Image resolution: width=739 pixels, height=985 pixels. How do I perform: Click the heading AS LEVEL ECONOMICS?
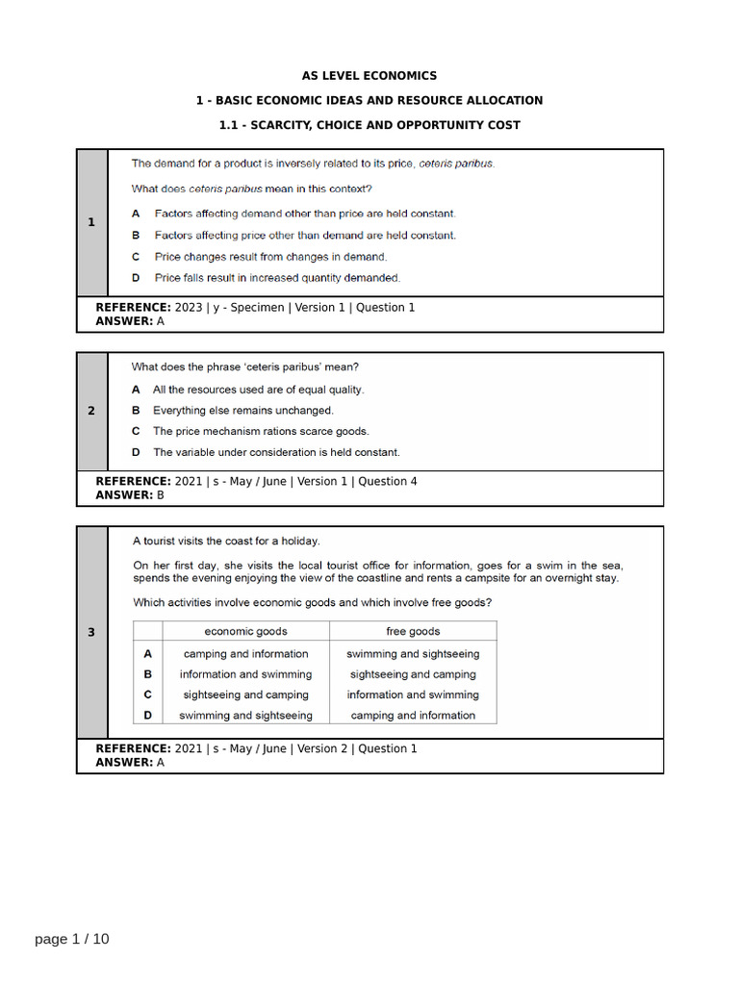pyautogui.click(x=369, y=75)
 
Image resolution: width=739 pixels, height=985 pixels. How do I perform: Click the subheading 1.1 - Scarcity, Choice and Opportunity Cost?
pyautogui.click(x=369, y=125)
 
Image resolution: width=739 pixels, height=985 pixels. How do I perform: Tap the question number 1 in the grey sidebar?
pyautogui.click(x=91, y=223)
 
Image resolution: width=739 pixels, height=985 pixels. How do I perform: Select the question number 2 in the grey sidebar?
pyautogui.click(x=91, y=411)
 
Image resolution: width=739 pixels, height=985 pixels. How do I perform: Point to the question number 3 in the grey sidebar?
pyautogui.click(x=91, y=632)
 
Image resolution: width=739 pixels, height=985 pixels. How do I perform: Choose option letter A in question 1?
pyautogui.click(x=136, y=214)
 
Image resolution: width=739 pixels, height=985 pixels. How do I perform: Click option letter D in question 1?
pyautogui.click(x=136, y=278)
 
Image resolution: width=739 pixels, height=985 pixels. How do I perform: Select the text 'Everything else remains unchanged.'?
pyautogui.click(x=243, y=411)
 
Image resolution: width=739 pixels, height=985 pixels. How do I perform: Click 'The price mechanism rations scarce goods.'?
pyautogui.click(x=261, y=432)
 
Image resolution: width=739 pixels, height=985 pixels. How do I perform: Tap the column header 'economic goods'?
pyautogui.click(x=245, y=632)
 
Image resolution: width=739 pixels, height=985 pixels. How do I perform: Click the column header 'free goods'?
pyautogui.click(x=413, y=632)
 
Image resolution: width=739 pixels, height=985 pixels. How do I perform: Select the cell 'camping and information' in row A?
pyautogui.click(x=245, y=654)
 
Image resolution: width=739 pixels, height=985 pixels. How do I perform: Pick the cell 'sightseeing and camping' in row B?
pyautogui.click(x=413, y=674)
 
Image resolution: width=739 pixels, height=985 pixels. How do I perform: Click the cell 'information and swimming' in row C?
pyautogui.click(x=413, y=695)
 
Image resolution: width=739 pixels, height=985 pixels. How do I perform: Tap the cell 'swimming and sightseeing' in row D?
pyautogui.click(x=245, y=716)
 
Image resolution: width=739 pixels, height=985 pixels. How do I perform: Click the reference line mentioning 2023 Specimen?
pyautogui.click(x=255, y=308)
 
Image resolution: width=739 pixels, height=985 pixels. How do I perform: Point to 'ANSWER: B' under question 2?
pyautogui.click(x=130, y=495)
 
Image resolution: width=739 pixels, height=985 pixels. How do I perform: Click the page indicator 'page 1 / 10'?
pyautogui.click(x=72, y=940)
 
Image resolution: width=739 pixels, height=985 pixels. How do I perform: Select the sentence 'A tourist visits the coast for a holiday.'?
pyautogui.click(x=226, y=542)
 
